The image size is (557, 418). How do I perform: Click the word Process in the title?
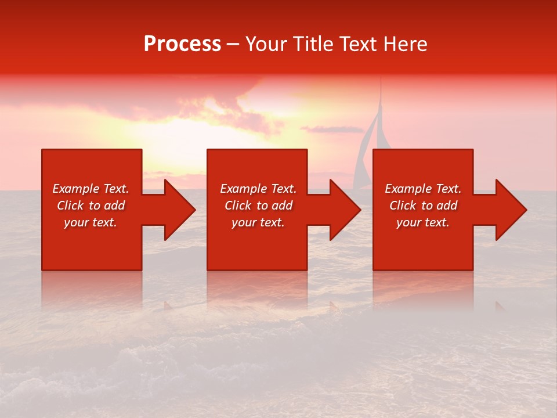pos(182,44)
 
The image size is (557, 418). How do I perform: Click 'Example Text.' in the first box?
pos(91,189)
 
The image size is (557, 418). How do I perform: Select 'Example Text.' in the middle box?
pos(258,189)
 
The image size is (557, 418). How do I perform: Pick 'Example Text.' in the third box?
pos(423,189)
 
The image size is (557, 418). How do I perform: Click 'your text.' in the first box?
pos(91,222)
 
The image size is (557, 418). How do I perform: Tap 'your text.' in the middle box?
pos(258,222)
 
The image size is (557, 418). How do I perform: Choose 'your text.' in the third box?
pos(423,222)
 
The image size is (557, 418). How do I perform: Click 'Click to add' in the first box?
pos(91,206)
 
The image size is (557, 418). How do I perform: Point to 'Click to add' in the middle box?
pos(258,206)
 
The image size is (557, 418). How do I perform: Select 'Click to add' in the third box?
pos(423,206)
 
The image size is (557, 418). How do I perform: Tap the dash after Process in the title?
pos(233,45)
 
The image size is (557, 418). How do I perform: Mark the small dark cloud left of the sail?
pos(331,129)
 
